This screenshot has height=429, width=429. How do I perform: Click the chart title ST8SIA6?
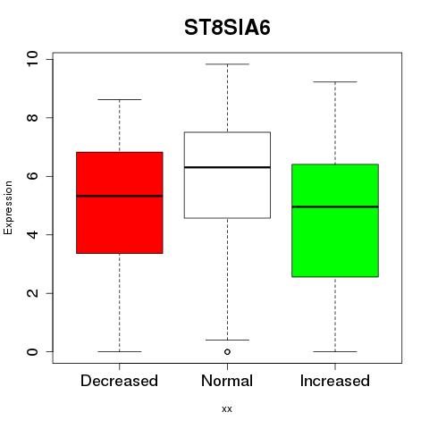click(227, 28)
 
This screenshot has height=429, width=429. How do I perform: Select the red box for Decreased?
click(120, 203)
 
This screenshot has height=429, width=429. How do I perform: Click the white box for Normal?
click(227, 175)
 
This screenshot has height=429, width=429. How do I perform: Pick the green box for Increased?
click(335, 221)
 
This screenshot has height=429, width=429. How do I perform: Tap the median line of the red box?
click(120, 196)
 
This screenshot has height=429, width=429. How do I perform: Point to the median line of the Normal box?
click(227, 167)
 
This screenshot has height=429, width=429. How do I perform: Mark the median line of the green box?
click(335, 206)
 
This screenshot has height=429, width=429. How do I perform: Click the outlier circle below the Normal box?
click(227, 352)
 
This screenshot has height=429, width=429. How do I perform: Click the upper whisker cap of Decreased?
click(120, 99)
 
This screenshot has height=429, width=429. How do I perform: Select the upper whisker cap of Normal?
click(227, 64)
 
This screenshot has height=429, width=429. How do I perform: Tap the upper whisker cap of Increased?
click(335, 81)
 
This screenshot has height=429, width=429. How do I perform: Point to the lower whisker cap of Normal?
click(227, 340)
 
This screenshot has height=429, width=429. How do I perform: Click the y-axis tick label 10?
click(32, 59)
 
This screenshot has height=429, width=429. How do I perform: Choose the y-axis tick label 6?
click(32, 176)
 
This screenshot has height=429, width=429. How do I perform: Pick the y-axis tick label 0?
click(32, 351)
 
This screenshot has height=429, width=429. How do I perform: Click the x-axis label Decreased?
click(119, 381)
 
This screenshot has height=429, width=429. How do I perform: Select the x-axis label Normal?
click(227, 381)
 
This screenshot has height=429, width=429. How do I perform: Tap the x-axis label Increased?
click(335, 381)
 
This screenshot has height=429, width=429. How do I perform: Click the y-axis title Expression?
click(8, 207)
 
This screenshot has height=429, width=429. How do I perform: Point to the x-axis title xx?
click(227, 409)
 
